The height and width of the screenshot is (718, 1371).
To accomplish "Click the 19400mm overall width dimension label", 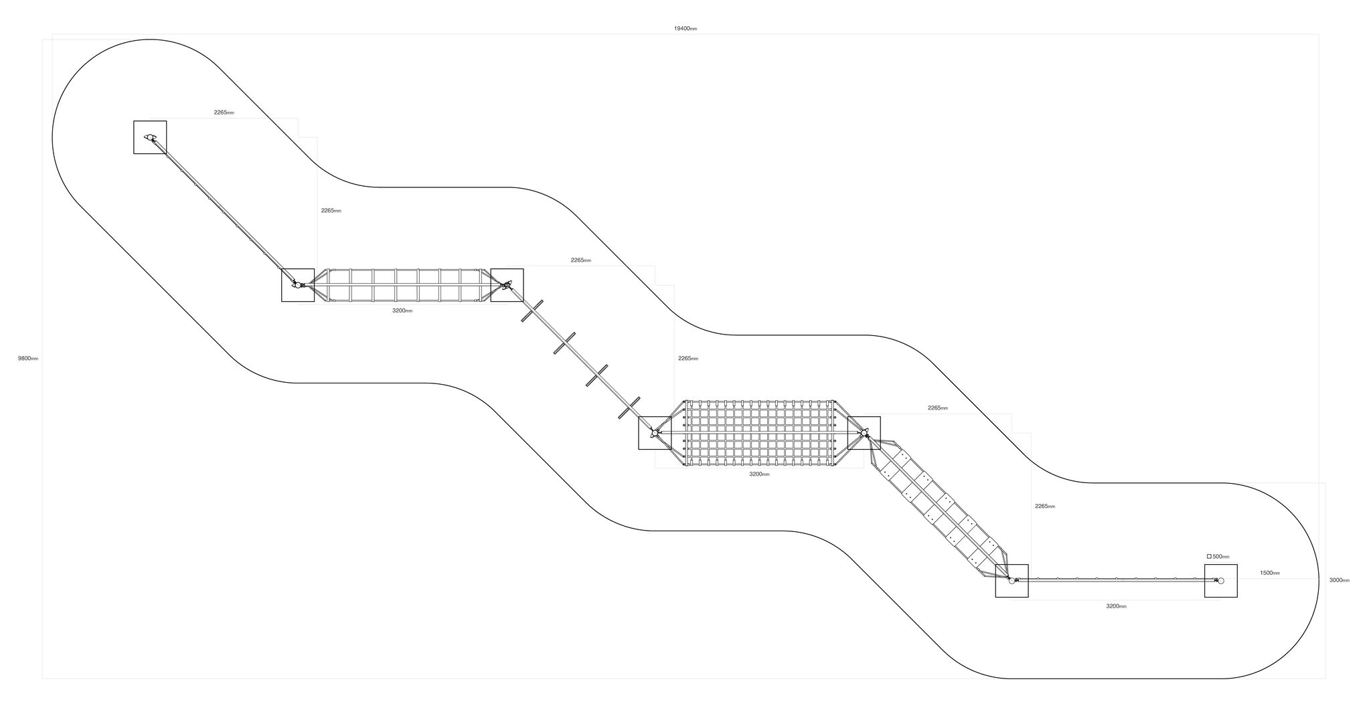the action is pyautogui.click(x=685, y=29).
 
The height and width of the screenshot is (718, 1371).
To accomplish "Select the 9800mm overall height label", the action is pyautogui.click(x=28, y=359).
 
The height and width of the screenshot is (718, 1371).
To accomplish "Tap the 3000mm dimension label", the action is pyautogui.click(x=1340, y=580).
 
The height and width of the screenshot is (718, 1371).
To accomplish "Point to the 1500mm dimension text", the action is pyautogui.click(x=1270, y=573).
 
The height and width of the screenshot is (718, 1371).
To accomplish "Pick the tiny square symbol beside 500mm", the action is pyautogui.click(x=1209, y=556).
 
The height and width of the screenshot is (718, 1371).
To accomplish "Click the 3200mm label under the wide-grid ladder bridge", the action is pyautogui.click(x=402, y=310).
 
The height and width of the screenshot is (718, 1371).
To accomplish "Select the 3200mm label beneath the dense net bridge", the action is pyautogui.click(x=759, y=474).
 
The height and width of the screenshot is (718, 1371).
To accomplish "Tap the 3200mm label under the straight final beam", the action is pyautogui.click(x=1116, y=606).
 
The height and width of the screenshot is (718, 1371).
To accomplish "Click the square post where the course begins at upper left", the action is pyautogui.click(x=150, y=137).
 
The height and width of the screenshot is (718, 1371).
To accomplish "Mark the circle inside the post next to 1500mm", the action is pyautogui.click(x=1221, y=581).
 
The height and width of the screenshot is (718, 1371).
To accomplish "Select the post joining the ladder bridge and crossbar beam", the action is pyautogui.click(x=507, y=285).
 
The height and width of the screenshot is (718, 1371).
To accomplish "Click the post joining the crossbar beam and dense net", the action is pyautogui.click(x=655, y=433).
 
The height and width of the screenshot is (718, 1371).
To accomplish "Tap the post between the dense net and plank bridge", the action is pyautogui.click(x=864, y=433).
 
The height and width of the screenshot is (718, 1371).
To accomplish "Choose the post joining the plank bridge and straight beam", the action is pyautogui.click(x=1012, y=580).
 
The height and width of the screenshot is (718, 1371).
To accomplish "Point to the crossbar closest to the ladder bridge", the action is pyautogui.click(x=532, y=310).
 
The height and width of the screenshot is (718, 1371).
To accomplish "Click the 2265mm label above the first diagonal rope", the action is pyautogui.click(x=224, y=112).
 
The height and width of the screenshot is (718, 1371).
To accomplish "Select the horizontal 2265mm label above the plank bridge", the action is pyautogui.click(x=938, y=408).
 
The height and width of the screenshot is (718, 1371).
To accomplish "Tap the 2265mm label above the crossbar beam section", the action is pyautogui.click(x=581, y=260).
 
